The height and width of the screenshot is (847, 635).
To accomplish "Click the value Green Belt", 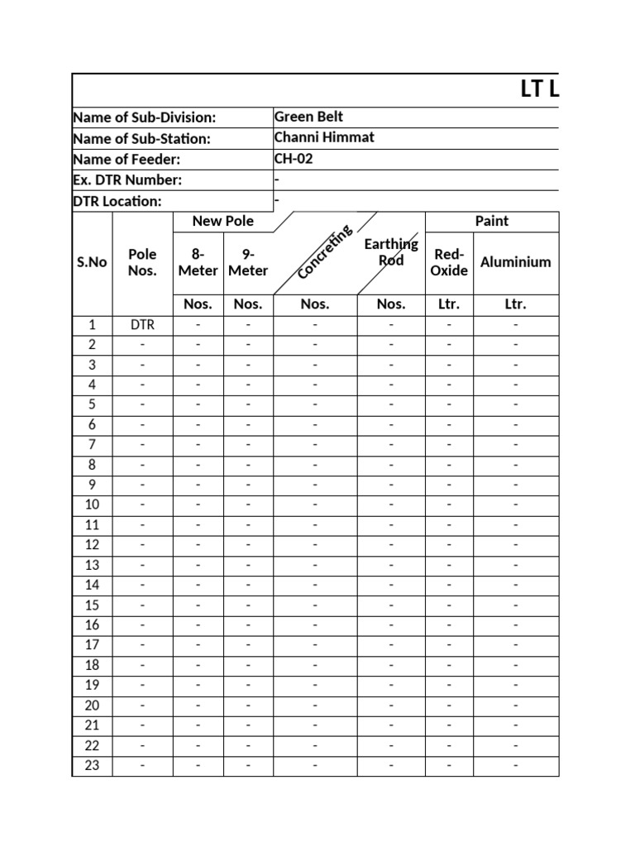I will [x=308, y=117].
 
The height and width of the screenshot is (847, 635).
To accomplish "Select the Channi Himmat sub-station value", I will [x=323, y=138].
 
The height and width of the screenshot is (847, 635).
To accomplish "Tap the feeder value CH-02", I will [x=294, y=159].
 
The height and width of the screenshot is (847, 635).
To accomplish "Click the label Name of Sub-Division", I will [x=145, y=118].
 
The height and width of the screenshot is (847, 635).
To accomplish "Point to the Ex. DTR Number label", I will [x=127, y=180].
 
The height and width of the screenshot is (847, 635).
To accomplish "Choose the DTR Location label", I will [x=117, y=201].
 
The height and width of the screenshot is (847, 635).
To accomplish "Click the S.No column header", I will [x=92, y=262].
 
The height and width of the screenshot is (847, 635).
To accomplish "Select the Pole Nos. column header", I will [x=142, y=262].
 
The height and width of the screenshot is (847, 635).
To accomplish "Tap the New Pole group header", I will [x=222, y=221].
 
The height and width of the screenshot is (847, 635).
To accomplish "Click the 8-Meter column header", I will [x=198, y=262].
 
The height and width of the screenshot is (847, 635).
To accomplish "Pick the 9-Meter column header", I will [x=248, y=262].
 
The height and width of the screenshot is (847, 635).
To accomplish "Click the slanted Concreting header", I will [x=325, y=251].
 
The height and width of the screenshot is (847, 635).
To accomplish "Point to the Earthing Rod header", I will [x=391, y=252].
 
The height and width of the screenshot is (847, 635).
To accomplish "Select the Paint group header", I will [x=491, y=221].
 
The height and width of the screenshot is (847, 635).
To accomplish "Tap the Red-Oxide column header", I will [x=449, y=262].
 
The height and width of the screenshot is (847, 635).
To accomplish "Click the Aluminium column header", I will [x=515, y=262].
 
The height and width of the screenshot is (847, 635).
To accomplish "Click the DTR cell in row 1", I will [x=142, y=325].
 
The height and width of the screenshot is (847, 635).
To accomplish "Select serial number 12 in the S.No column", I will [x=92, y=545].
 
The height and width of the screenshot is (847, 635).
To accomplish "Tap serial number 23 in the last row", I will [x=92, y=765].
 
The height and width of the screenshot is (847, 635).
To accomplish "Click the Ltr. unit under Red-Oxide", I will [x=449, y=304].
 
